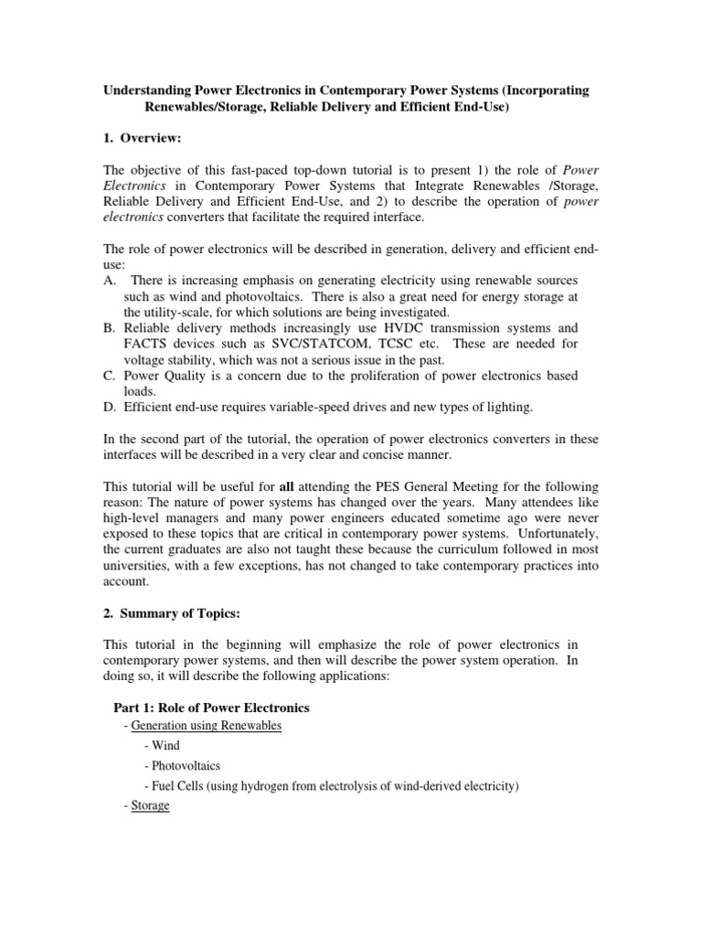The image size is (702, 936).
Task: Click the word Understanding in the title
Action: click(x=144, y=91)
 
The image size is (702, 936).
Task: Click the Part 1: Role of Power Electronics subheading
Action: click(x=211, y=707)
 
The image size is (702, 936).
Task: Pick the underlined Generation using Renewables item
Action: click(x=206, y=726)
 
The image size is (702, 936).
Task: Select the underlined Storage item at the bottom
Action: click(x=150, y=806)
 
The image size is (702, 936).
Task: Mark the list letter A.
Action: click(x=110, y=278)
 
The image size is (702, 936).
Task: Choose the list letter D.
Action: click(x=110, y=406)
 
